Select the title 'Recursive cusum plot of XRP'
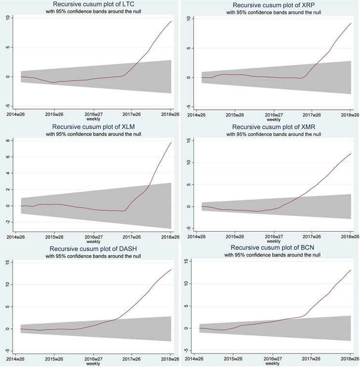pos(273,5)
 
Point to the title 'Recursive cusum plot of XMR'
pos(273,127)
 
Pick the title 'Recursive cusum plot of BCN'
pos(273,249)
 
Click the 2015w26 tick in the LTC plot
pos(54,114)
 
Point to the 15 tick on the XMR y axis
pos(190,141)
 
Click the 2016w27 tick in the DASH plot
pos(94,358)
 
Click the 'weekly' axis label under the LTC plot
pos(93,119)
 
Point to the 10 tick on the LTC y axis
pos(8,18)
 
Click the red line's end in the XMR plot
pos(351,154)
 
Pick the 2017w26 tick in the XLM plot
pos(132,236)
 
